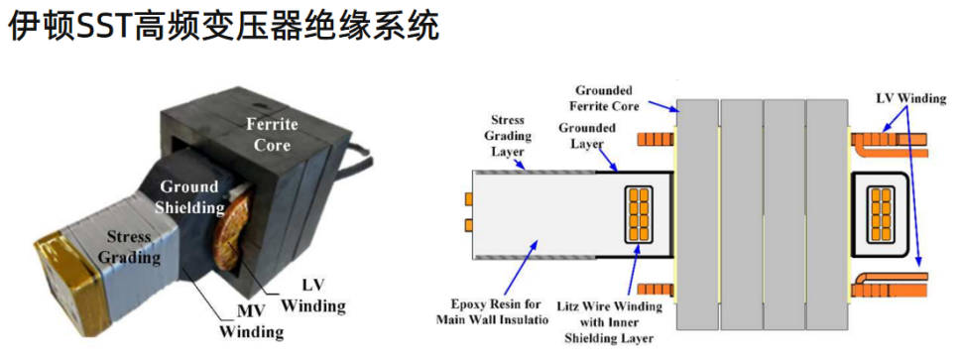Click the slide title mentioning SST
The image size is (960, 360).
tap(224, 28)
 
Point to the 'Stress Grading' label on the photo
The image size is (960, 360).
tap(130, 247)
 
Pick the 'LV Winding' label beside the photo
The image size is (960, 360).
tap(313, 296)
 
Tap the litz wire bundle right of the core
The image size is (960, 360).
tap(880, 214)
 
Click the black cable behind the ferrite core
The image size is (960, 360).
tap(352, 160)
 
